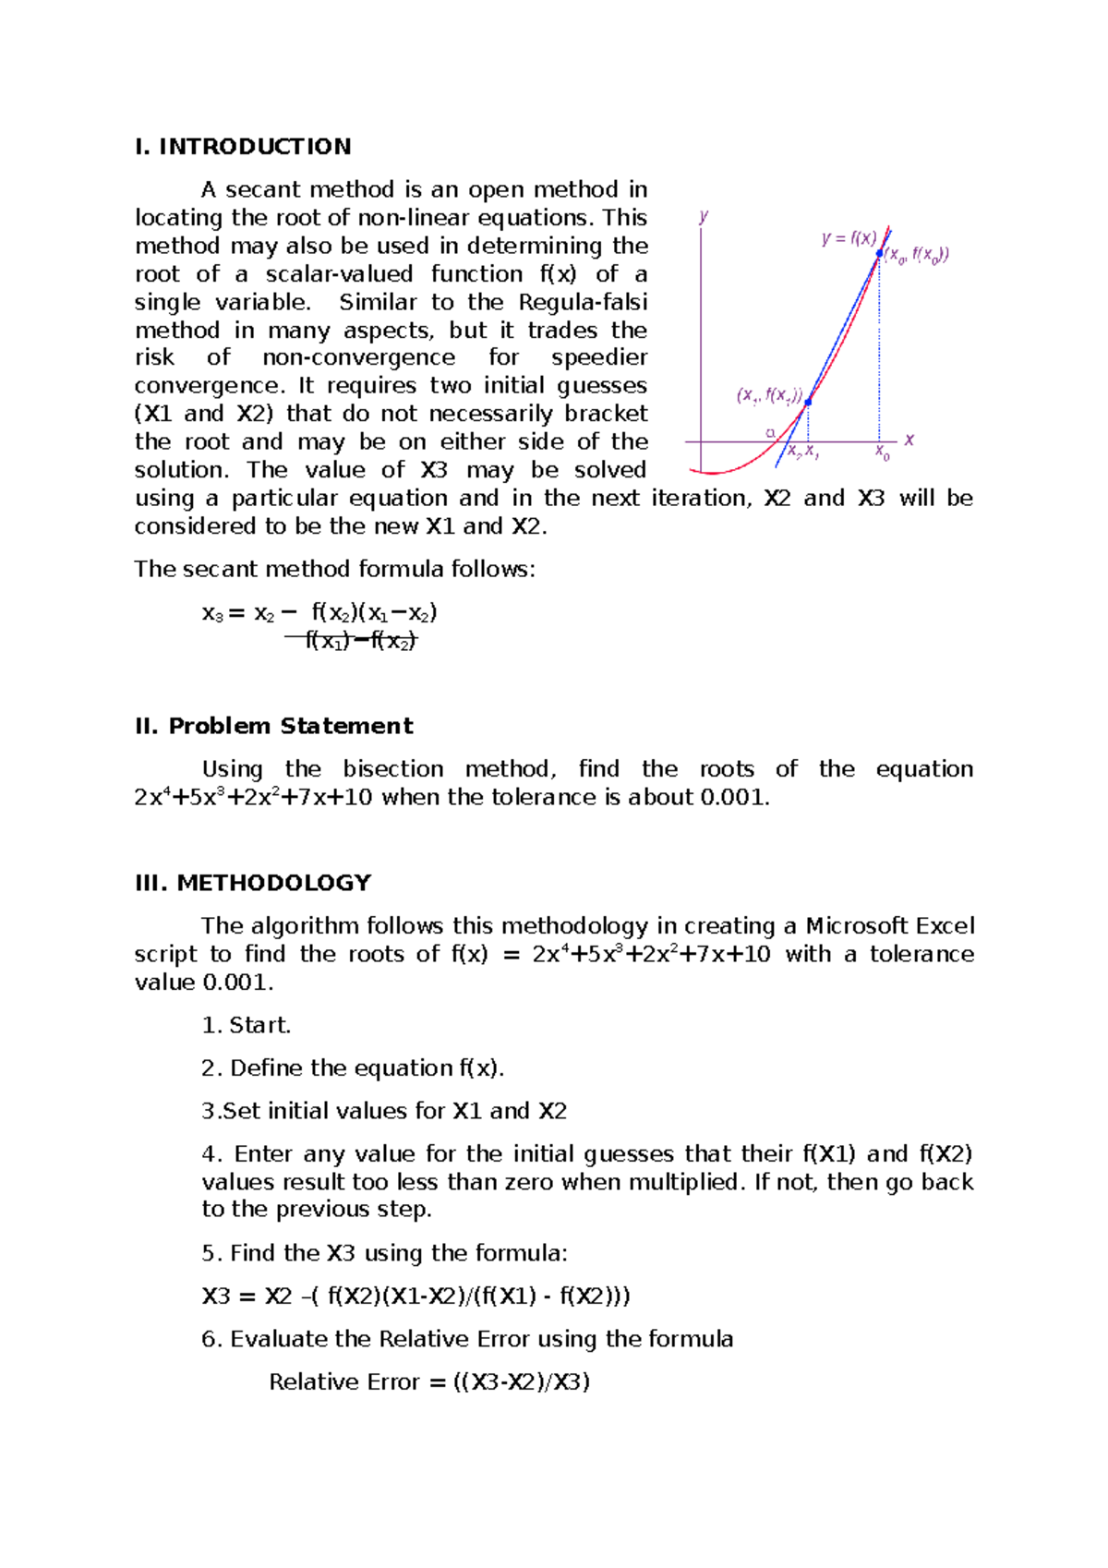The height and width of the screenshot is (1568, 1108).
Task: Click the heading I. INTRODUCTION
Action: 243,147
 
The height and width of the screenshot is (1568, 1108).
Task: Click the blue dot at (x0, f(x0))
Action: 879,253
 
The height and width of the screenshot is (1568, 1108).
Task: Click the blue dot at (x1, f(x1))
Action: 808,402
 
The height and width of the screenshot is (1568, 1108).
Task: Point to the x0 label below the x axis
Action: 883,452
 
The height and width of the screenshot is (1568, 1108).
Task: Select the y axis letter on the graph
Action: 704,217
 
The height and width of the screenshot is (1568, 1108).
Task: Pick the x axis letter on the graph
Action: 909,440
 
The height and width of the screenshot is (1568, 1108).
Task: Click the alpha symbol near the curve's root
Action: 770,432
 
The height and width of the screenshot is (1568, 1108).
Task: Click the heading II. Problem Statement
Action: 273,726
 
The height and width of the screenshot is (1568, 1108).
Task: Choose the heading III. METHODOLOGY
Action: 253,883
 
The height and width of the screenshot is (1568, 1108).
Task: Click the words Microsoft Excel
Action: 889,925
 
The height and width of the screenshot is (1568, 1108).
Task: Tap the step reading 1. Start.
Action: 246,1025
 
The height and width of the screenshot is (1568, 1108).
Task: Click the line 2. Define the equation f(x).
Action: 353,1067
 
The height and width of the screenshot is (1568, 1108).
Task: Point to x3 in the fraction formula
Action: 212,613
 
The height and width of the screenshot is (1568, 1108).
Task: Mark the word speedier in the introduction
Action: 599,357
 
